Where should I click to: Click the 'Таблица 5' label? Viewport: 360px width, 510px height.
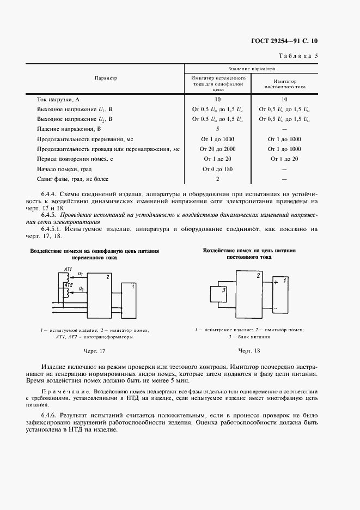pos(298,56)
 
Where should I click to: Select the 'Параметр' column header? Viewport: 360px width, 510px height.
pos(106,78)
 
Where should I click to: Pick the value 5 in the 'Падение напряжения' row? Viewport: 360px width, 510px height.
pos(217,129)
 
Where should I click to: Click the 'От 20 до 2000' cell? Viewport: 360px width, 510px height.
pos(217,149)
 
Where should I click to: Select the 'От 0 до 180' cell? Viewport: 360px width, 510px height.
pos(217,169)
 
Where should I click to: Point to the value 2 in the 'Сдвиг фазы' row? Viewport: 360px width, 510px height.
pos(217,179)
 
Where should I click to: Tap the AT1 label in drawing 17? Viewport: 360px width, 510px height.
pos(68,270)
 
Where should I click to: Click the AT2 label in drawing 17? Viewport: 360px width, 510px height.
pos(68,284)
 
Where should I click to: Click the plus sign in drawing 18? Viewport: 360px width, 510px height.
pos(277,282)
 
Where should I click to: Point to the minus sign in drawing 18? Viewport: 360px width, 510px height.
pos(277,308)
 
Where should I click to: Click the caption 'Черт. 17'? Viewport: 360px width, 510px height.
pos(94,351)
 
